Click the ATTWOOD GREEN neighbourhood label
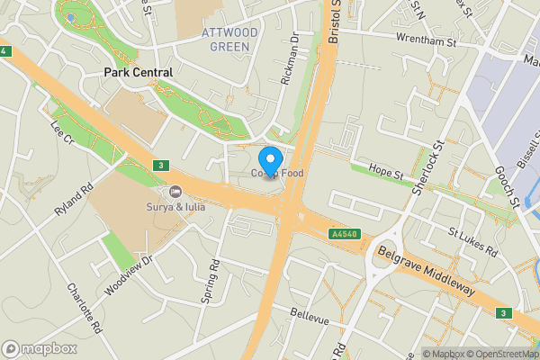pyautogui.click(x=229, y=39)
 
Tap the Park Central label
pyautogui.click(x=139, y=71)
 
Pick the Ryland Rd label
pyautogui.click(x=75, y=198)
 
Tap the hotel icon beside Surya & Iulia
pyautogui.click(x=175, y=192)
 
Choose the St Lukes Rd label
pyautogui.click(x=473, y=242)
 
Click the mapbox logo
pyautogui.click(x=39, y=348)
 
